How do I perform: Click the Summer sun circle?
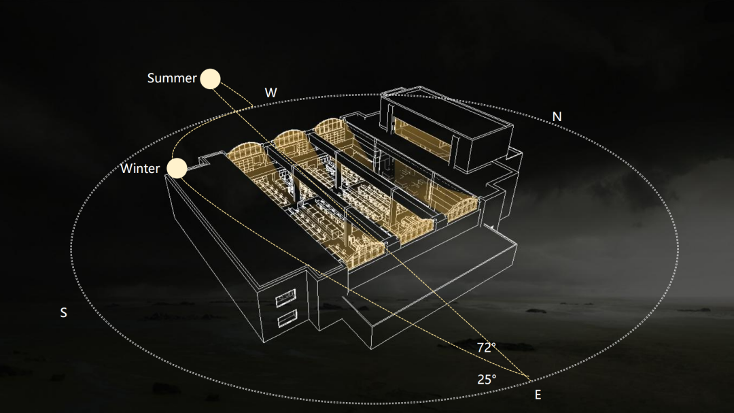(x=210, y=79)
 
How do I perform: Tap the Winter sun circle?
(x=177, y=168)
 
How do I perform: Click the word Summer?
(x=172, y=78)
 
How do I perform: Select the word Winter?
(x=140, y=168)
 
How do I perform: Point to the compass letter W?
(x=270, y=93)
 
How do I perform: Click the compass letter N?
(x=557, y=117)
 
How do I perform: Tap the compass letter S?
(x=63, y=313)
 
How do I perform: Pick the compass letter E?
(x=538, y=395)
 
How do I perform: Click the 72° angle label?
(x=487, y=348)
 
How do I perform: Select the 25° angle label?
(x=487, y=379)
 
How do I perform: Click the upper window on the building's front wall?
(x=285, y=298)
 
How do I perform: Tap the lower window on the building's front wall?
(x=287, y=318)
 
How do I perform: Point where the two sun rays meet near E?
(x=529, y=377)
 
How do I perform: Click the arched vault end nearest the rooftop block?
(x=331, y=129)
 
